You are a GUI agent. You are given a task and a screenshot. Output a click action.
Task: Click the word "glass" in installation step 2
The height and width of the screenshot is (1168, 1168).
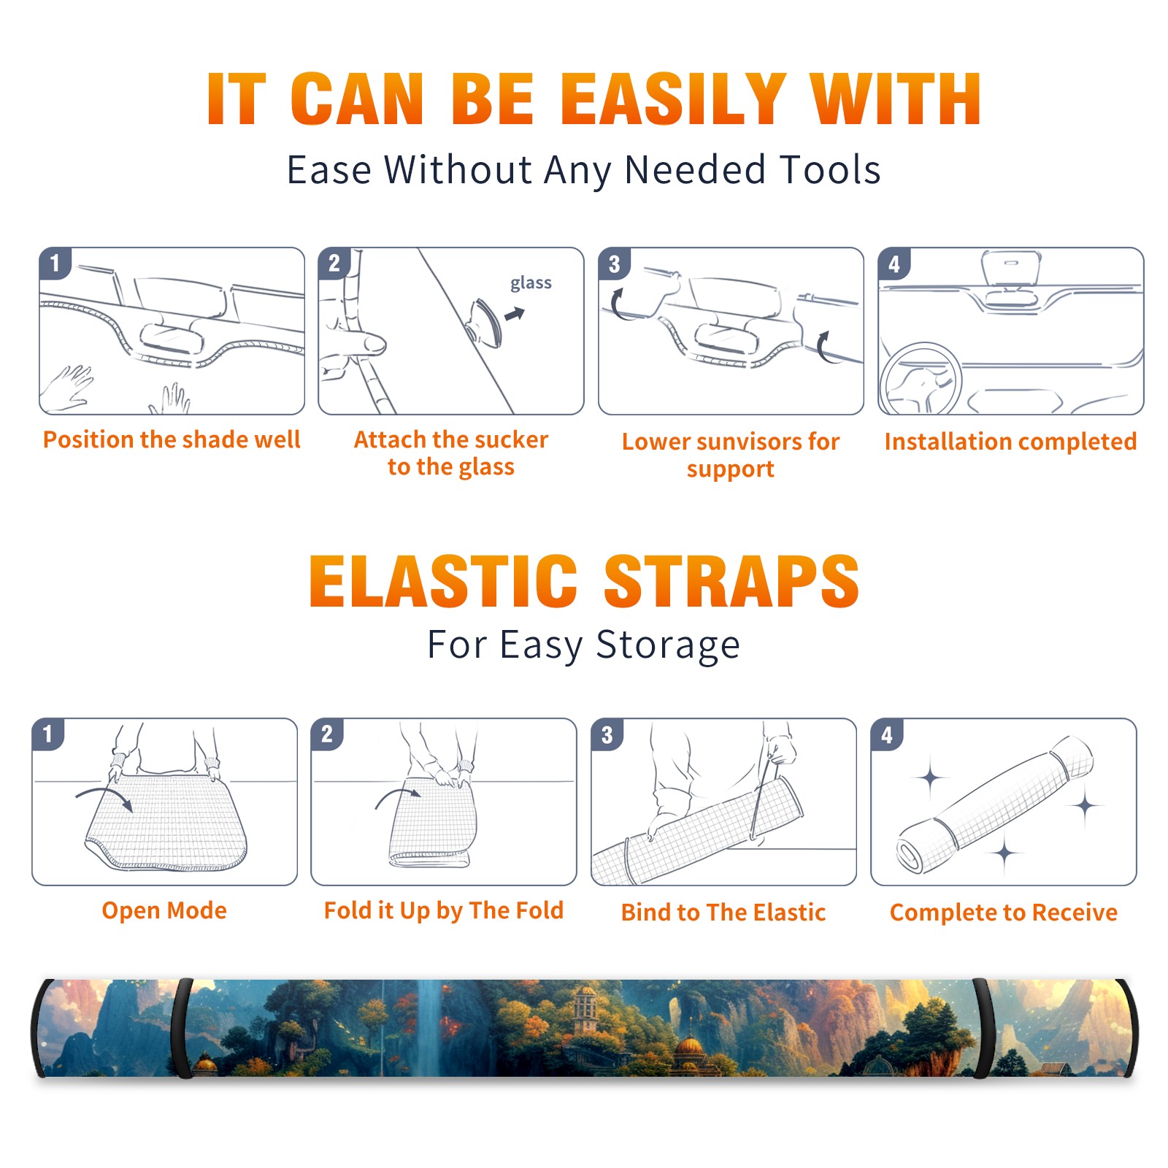pyautogui.click(x=531, y=283)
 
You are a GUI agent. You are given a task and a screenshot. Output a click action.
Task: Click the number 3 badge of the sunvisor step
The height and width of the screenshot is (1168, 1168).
pyautogui.click(x=614, y=264)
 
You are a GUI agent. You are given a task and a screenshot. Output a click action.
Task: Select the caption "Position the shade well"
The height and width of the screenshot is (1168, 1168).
pyautogui.click(x=172, y=439)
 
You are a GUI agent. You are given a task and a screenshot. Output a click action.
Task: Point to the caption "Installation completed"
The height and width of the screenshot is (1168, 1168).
pyautogui.click(x=1010, y=441)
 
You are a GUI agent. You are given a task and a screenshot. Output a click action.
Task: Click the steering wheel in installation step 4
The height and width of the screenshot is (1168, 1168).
pyautogui.click(x=921, y=379)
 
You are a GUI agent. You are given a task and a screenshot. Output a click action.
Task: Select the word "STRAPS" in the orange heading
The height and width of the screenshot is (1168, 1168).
pyautogui.click(x=731, y=581)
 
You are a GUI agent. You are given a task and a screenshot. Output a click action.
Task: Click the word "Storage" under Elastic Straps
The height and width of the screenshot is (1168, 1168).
pyautogui.click(x=668, y=645)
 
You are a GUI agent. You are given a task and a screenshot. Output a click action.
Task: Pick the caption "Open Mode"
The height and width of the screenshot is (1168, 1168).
pyautogui.click(x=164, y=910)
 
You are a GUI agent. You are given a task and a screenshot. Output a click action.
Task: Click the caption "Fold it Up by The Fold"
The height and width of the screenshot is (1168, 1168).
pyautogui.click(x=444, y=910)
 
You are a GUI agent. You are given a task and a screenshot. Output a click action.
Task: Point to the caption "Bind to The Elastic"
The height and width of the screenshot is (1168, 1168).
pyautogui.click(x=723, y=912)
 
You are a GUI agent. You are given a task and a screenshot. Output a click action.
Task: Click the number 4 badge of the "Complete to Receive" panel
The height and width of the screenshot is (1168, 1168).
pyautogui.click(x=887, y=734)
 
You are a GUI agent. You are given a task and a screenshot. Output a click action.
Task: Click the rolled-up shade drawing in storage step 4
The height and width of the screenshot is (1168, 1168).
pyautogui.click(x=995, y=804)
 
